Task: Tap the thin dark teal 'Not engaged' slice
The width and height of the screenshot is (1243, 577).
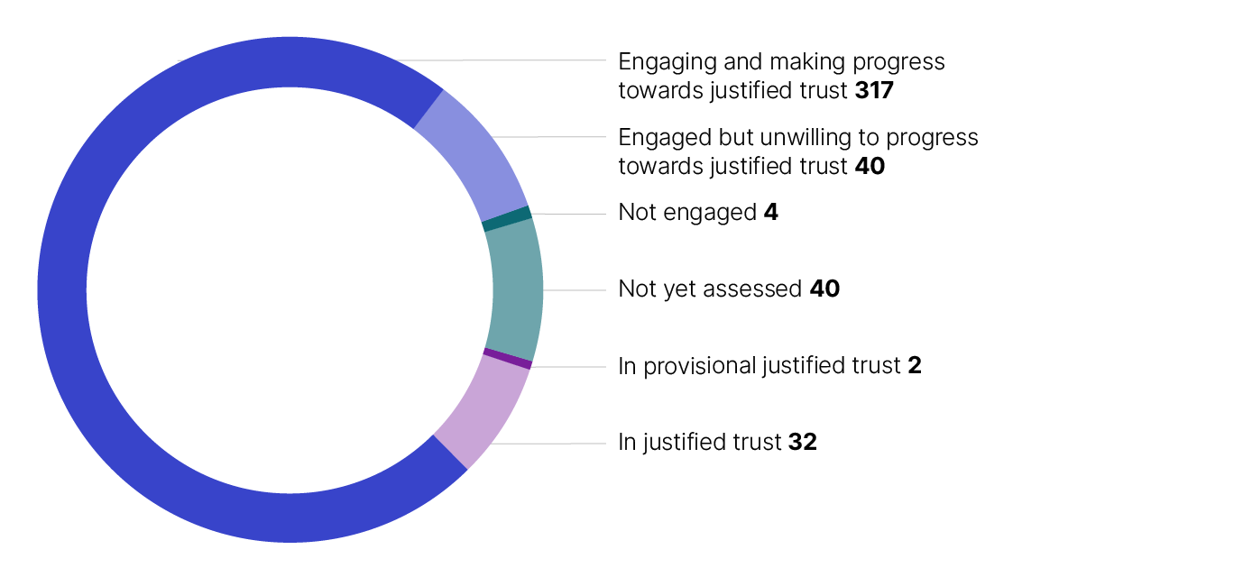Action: [x=507, y=218]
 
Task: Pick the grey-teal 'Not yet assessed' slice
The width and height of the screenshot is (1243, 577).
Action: [x=514, y=289]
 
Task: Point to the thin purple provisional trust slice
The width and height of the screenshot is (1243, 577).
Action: [x=508, y=358]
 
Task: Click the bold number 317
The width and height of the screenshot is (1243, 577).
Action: [x=872, y=90]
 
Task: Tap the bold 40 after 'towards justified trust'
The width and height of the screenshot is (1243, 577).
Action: [x=870, y=167]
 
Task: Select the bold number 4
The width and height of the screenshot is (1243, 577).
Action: [x=770, y=213]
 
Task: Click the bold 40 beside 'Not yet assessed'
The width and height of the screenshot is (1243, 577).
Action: [x=824, y=289]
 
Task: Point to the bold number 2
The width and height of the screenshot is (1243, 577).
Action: [x=915, y=366]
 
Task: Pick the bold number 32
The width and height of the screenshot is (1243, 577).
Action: [x=803, y=443]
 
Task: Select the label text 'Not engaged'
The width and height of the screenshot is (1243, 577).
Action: [x=686, y=213]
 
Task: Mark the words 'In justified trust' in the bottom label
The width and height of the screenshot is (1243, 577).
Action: [x=699, y=443]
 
